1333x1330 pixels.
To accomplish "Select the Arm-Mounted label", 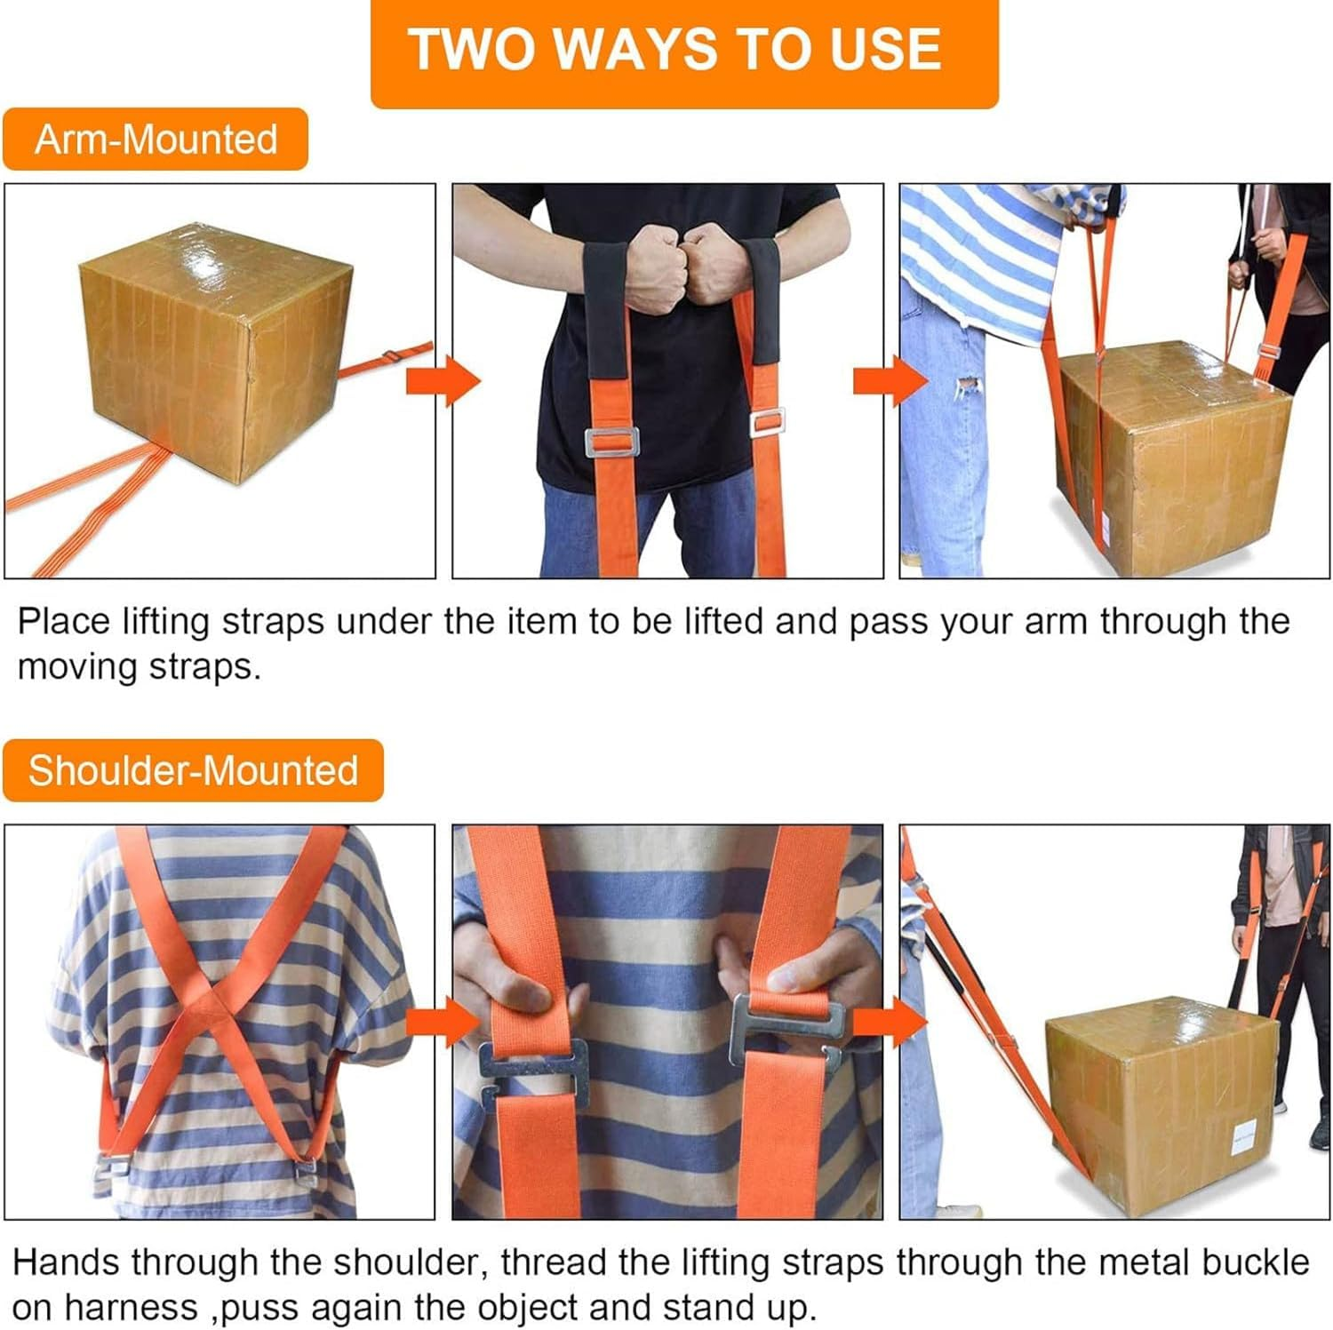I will (156, 139).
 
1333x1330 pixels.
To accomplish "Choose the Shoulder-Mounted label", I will (193, 770).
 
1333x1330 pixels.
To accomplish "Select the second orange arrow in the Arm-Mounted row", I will (890, 381).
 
